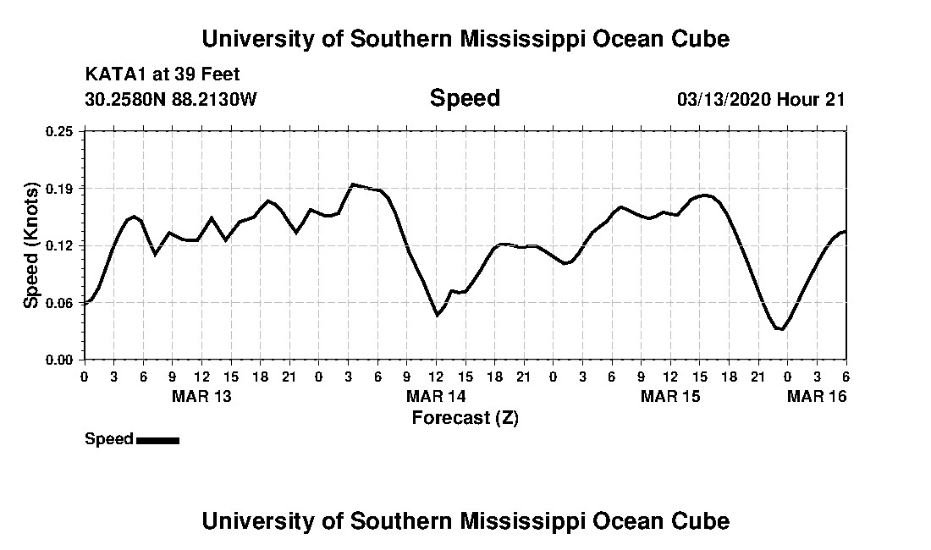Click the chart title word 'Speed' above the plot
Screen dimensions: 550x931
(x=465, y=99)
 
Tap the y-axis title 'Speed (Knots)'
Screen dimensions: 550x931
(x=31, y=245)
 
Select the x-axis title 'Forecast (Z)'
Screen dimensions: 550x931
(x=465, y=417)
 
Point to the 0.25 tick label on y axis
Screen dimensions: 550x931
(x=59, y=131)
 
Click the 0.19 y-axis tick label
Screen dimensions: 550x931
(x=59, y=188)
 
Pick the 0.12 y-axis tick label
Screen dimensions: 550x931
(x=59, y=245)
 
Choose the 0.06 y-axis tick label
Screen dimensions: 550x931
(x=59, y=303)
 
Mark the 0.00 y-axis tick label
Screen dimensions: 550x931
(x=59, y=360)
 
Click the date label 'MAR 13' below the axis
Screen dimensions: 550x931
(x=201, y=396)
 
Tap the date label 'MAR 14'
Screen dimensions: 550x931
(x=436, y=396)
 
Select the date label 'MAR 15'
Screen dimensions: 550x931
(x=670, y=396)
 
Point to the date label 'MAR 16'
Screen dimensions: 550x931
(x=817, y=396)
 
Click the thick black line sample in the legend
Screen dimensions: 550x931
(x=157, y=440)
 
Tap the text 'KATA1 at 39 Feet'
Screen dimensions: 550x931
(x=163, y=74)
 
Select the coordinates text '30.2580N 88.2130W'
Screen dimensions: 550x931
(x=171, y=99)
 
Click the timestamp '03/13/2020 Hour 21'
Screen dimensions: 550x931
(x=761, y=99)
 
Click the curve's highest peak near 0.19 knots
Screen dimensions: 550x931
(x=353, y=184)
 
